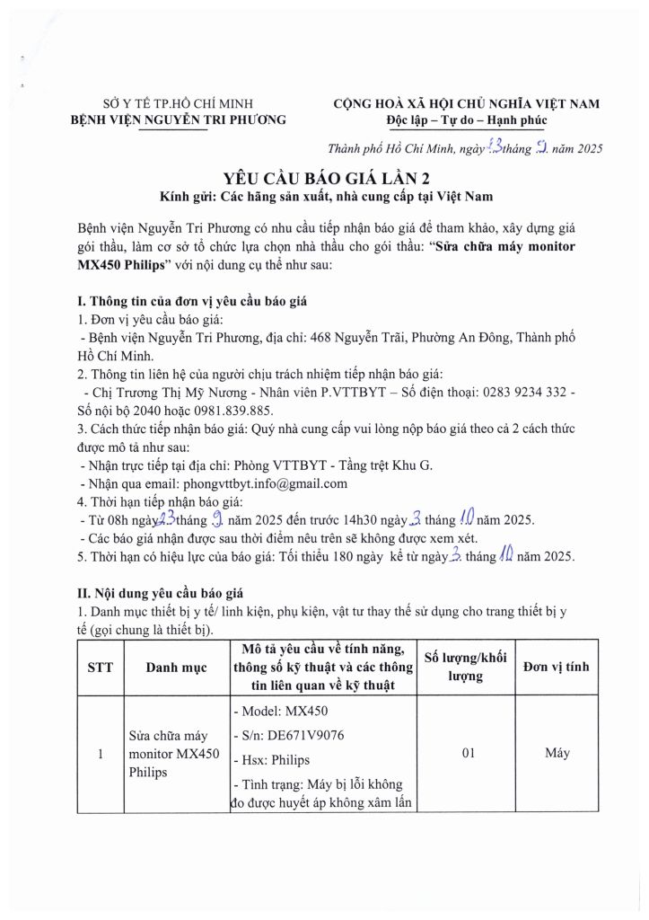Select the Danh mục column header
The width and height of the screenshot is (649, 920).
pos(177,668)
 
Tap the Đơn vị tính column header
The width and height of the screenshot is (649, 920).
pos(557,668)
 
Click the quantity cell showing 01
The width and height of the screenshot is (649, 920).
pos(467,754)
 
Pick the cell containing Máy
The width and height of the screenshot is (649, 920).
pos(557,754)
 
